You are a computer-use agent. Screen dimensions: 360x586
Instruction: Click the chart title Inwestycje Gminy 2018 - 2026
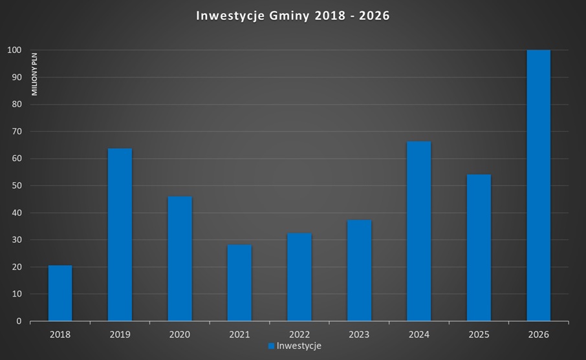(292, 16)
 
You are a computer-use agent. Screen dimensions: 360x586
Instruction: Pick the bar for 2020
(180, 259)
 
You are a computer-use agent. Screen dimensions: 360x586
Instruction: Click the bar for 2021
(239, 282)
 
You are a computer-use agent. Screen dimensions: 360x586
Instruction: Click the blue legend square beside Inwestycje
(272, 346)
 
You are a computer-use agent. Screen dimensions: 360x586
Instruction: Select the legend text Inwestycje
(299, 346)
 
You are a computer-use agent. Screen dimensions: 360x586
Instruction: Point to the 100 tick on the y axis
(15, 50)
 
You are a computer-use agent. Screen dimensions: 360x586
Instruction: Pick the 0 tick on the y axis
(19, 321)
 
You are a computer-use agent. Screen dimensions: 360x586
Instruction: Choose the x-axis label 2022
(299, 334)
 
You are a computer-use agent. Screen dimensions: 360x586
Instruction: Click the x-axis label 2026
(538, 334)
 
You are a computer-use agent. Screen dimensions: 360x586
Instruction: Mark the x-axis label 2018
(60, 334)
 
